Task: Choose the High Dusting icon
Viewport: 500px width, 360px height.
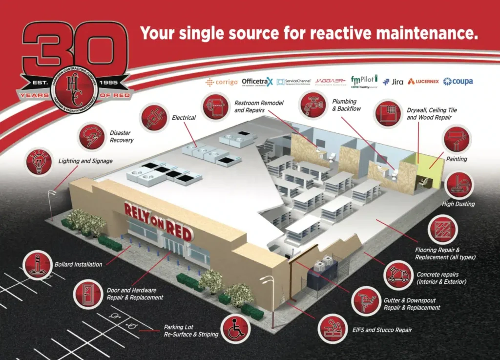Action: click(459, 185)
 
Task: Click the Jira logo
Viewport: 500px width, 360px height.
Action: click(393, 82)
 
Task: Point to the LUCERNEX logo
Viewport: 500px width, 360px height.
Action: click(423, 82)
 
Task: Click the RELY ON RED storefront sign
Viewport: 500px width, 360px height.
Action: click(157, 217)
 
